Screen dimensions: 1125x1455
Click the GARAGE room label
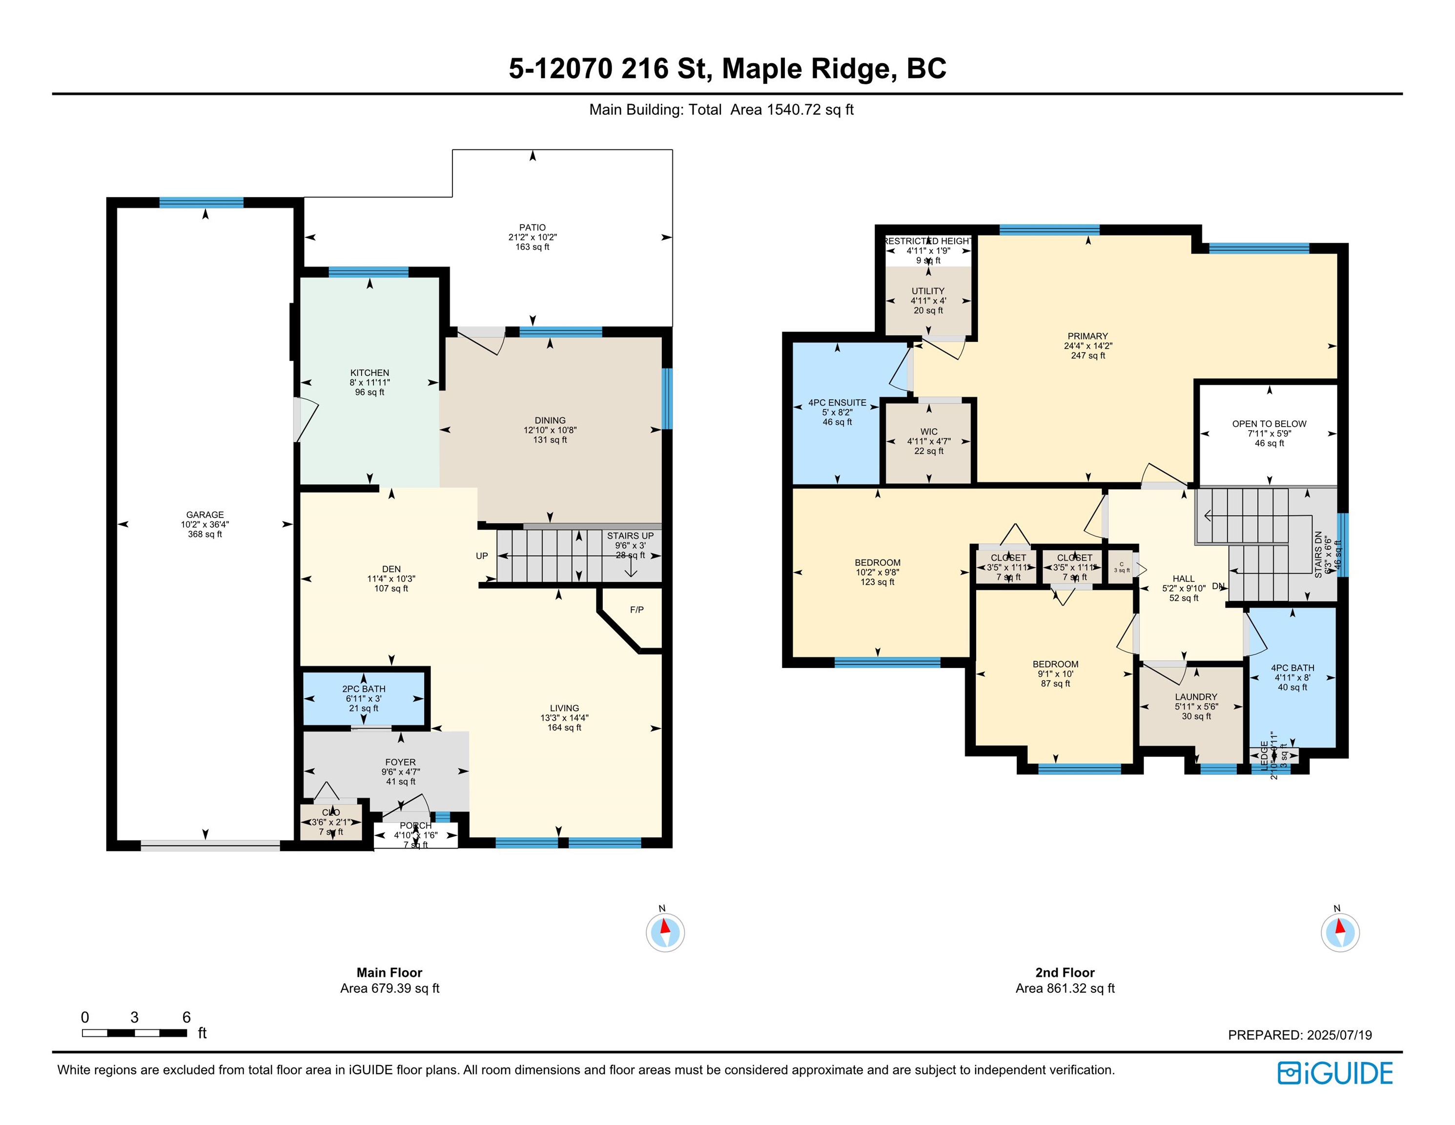pos(205,515)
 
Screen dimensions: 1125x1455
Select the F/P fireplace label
pos(636,610)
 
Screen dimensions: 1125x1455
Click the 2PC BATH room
pos(363,698)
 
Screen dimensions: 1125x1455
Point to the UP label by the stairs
pos(482,556)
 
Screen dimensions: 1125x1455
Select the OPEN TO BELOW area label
pos(1269,424)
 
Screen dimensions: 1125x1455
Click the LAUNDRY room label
pos(1196,697)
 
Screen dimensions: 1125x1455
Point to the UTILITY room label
pos(927,291)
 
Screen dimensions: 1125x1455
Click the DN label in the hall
pos(1218,586)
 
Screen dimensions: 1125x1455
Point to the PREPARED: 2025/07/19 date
pos(1299,1035)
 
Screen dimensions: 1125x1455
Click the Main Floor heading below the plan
pos(389,972)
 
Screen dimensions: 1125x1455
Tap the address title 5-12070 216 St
pos(727,69)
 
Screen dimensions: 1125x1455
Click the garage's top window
pos(201,203)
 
